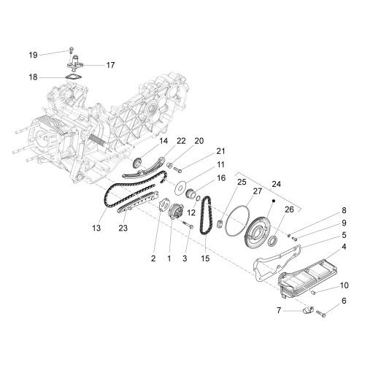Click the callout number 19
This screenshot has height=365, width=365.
[34, 55]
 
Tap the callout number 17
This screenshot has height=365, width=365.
[110, 65]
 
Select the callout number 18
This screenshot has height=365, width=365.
[33, 77]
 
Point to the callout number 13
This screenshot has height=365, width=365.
[96, 228]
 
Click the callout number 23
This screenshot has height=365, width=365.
[123, 228]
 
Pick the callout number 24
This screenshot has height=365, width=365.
[276, 184]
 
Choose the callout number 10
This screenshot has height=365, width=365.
[344, 285]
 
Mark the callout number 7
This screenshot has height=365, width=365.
[279, 310]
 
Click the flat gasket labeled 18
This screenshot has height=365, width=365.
[73, 77]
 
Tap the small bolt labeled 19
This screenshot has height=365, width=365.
[71, 50]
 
